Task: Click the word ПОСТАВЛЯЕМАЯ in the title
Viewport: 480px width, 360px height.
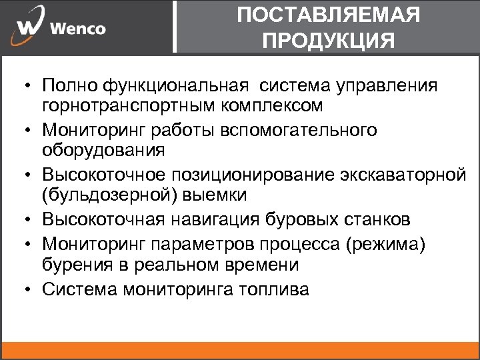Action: click(329, 15)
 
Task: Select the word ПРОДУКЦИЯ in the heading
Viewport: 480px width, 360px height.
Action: click(329, 41)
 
